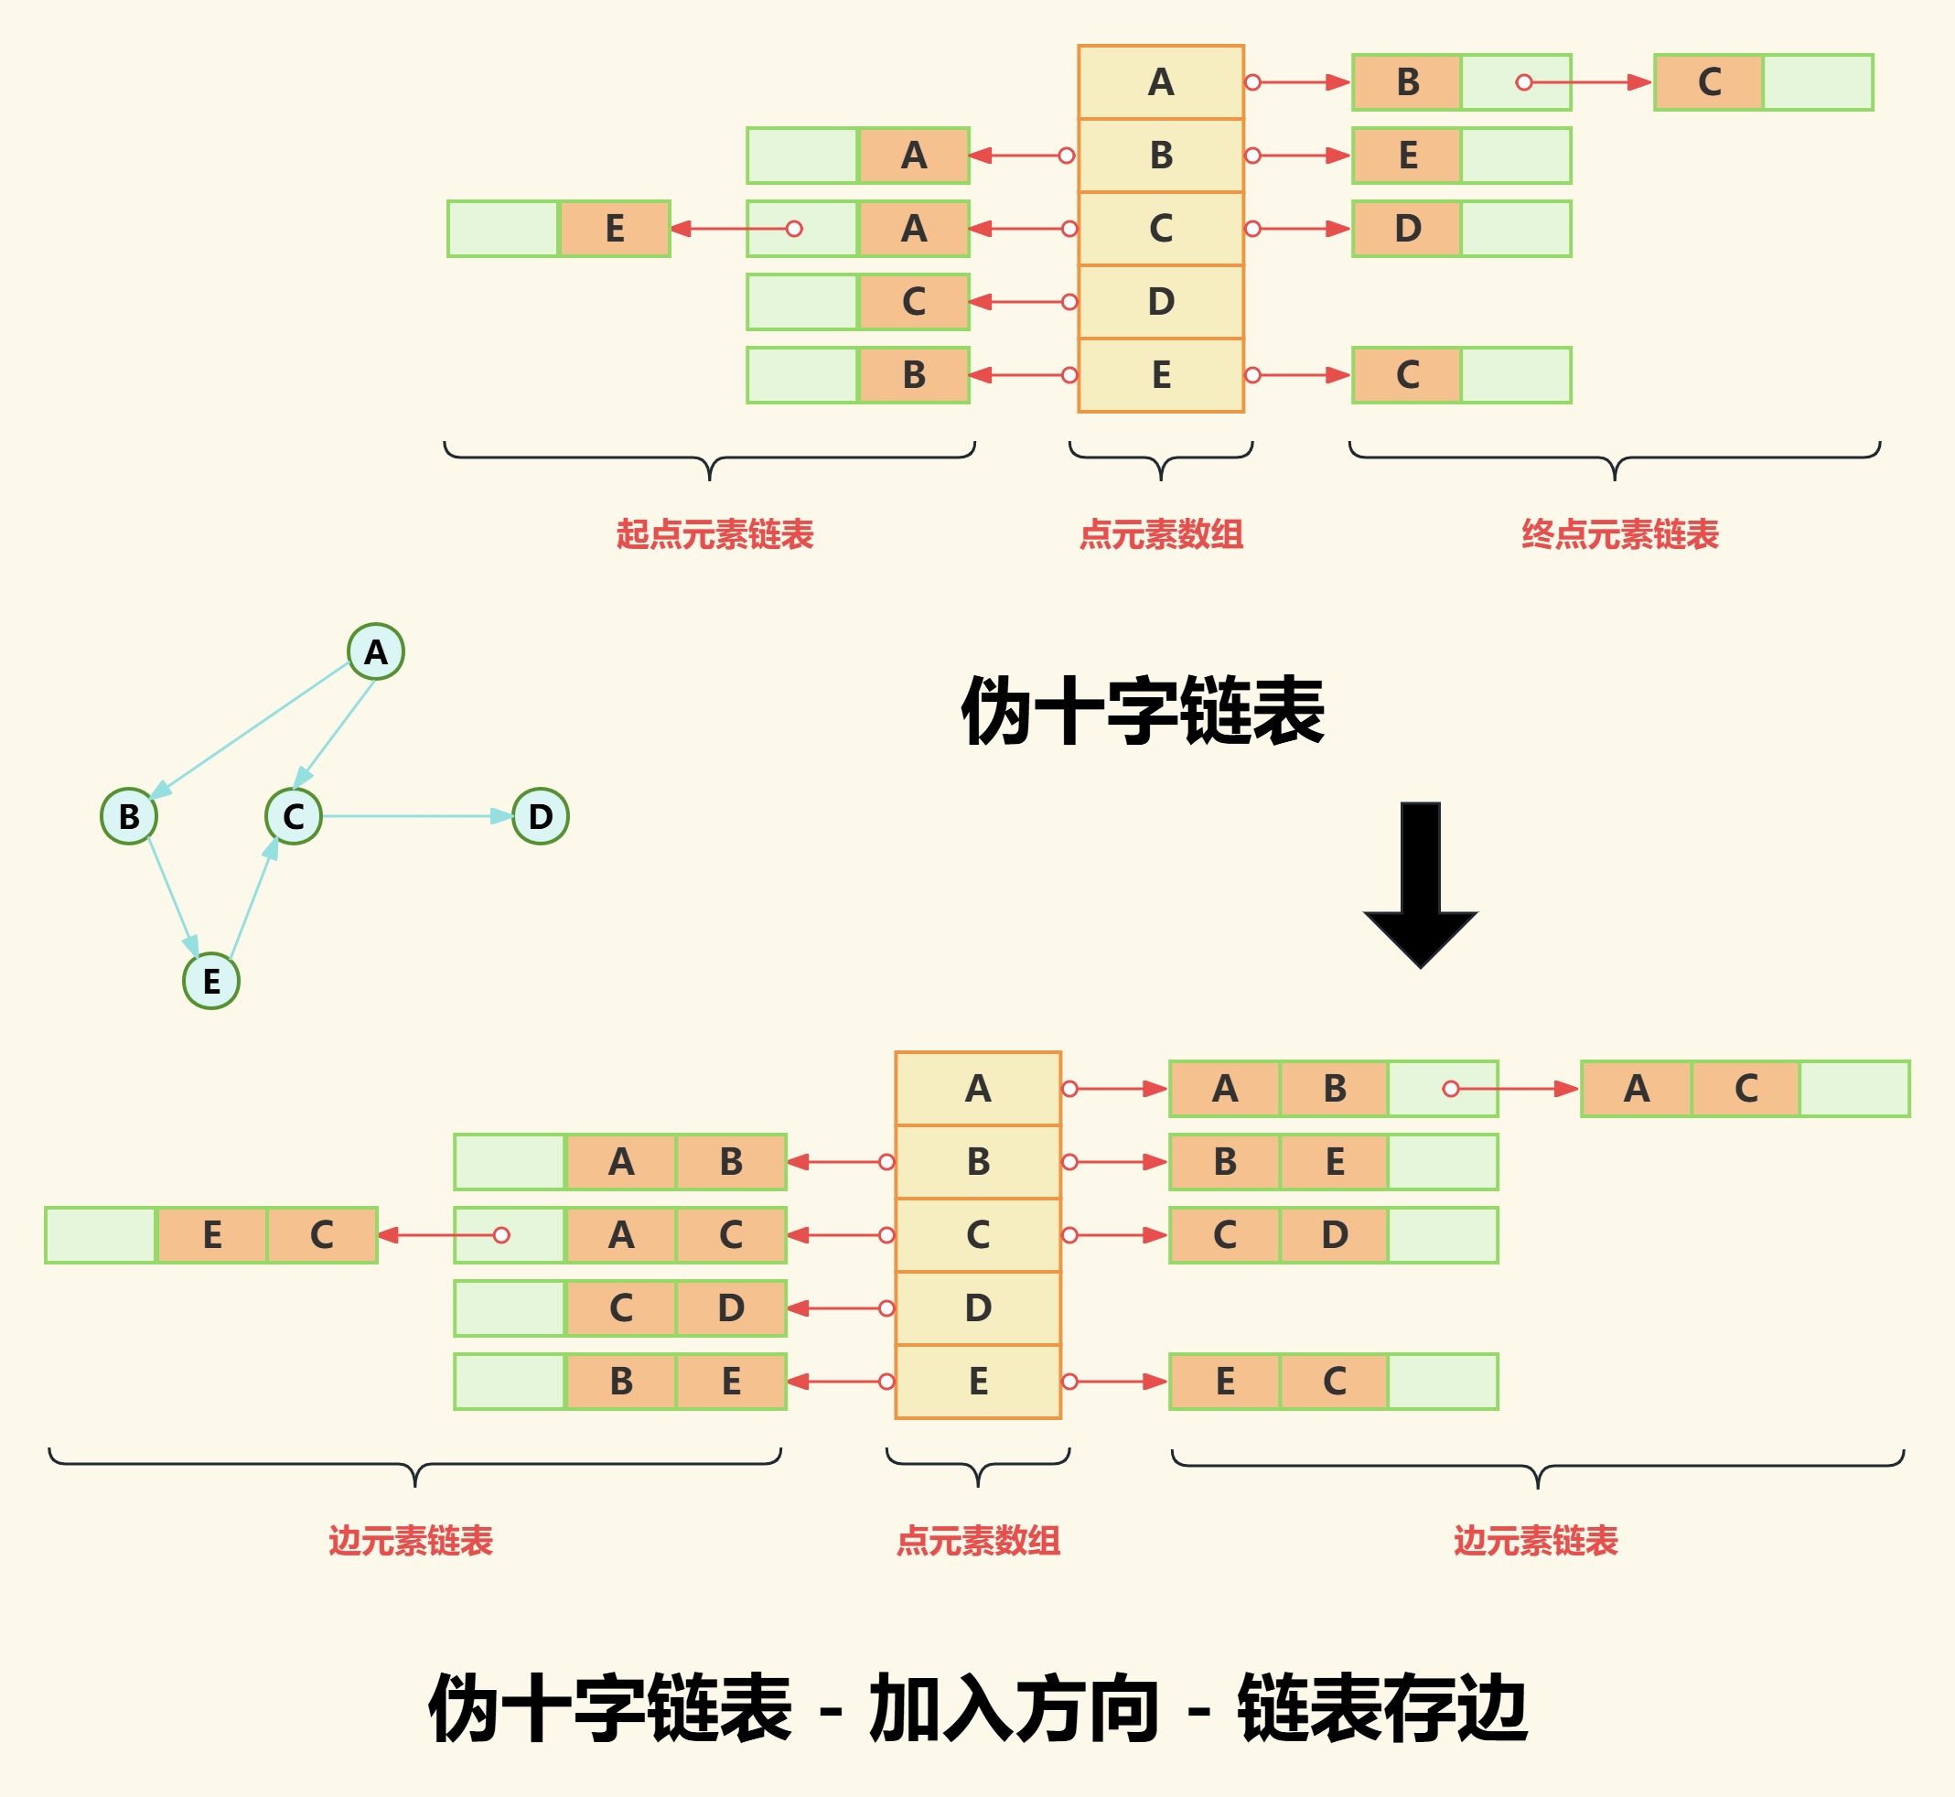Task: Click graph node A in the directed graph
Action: tap(376, 651)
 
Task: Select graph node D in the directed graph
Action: tap(541, 816)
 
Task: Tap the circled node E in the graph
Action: tap(211, 980)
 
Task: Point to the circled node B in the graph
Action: tap(129, 816)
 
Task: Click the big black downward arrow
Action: tap(1421, 885)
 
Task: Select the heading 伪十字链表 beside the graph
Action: tap(1143, 711)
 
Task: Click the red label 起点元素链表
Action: tap(714, 533)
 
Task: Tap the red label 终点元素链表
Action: tap(1619, 533)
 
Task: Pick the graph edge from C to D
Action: tap(418, 816)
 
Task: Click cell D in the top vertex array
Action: tap(1161, 301)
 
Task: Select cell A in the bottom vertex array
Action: tap(978, 1088)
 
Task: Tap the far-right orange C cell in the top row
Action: tap(1709, 82)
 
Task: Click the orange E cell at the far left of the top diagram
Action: tap(615, 229)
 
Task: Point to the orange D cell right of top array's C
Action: tap(1407, 229)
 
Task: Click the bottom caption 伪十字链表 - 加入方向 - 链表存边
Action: tap(978, 1708)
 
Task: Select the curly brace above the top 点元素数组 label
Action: tap(1161, 458)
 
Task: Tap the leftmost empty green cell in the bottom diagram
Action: tap(102, 1235)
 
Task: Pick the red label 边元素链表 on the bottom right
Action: tap(1536, 1540)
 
